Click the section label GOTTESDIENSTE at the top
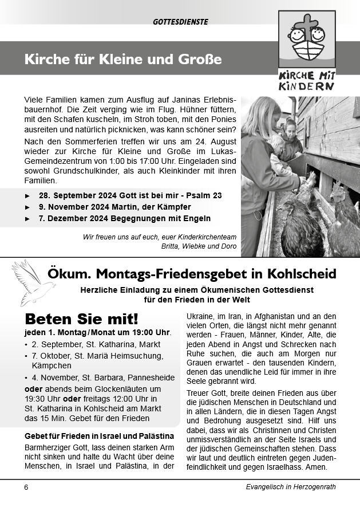pyautogui.click(x=180, y=22)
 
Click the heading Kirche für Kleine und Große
pyautogui.click(x=122, y=60)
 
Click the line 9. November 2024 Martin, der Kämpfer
pyautogui.click(x=114, y=207)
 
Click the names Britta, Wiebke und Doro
pyautogui.click(x=199, y=246)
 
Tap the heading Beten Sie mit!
pyautogui.click(x=81, y=319)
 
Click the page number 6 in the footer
pyautogui.click(x=26, y=488)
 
